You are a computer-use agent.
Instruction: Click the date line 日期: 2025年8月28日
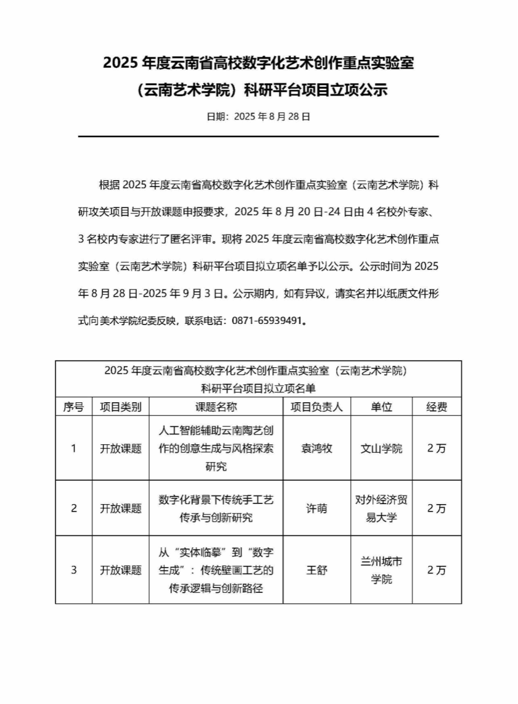point(258,116)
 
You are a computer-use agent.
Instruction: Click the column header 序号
point(73,407)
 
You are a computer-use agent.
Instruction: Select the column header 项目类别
point(121,407)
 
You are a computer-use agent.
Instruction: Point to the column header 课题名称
point(216,407)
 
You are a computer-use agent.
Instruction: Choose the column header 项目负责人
point(317,407)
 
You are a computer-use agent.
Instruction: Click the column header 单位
point(381,407)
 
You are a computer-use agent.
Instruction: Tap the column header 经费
point(437,407)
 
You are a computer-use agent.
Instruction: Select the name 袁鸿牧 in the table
point(317,449)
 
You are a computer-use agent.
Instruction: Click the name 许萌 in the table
point(317,508)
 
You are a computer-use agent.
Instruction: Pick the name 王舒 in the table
point(317,570)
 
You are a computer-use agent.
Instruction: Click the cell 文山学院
point(381,449)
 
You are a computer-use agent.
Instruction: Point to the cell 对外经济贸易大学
point(381,508)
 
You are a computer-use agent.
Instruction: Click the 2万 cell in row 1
point(437,449)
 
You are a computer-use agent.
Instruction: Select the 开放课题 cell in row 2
point(121,508)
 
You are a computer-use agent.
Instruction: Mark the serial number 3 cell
point(73,570)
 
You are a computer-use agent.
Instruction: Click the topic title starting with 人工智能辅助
point(216,449)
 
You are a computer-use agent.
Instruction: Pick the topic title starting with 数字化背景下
point(216,509)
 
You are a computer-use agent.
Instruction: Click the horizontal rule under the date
point(258,136)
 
